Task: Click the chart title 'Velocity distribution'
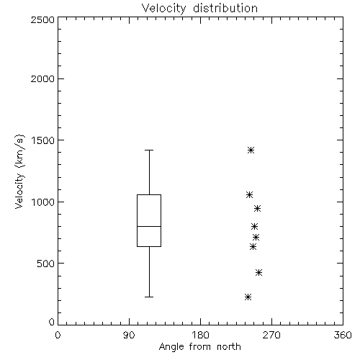click(x=199, y=9)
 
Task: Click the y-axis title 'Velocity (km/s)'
click(x=19, y=171)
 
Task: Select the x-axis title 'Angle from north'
click(x=199, y=347)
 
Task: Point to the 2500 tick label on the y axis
click(x=42, y=19)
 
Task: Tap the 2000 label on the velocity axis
click(x=42, y=78)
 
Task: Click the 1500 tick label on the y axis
click(x=43, y=140)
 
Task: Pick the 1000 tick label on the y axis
click(x=43, y=202)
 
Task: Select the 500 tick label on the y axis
click(x=46, y=264)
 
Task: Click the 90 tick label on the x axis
click(x=129, y=335)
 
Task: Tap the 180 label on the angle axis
click(x=200, y=335)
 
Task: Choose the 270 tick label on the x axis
click(x=271, y=335)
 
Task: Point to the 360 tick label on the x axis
click(x=343, y=335)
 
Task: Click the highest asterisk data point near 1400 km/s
click(x=251, y=150)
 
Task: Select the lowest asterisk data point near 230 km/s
click(x=248, y=297)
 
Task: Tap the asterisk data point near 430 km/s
click(x=258, y=272)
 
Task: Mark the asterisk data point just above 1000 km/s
click(x=249, y=194)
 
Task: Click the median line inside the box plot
click(x=149, y=226)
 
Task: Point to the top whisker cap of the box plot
click(x=149, y=150)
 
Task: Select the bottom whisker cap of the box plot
click(x=149, y=297)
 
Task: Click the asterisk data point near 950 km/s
click(x=257, y=208)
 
